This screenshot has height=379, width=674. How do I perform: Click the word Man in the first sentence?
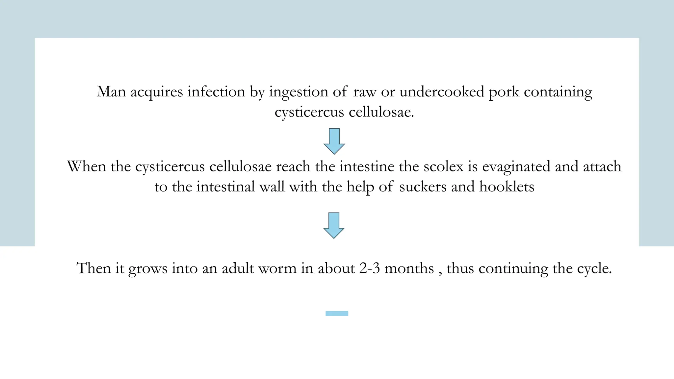tap(111, 92)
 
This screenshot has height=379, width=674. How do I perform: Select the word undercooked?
tap(442, 92)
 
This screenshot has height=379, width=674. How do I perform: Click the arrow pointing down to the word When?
tap(334, 141)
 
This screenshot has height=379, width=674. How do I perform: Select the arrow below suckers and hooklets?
tap(334, 225)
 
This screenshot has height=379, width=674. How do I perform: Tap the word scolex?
tap(443, 166)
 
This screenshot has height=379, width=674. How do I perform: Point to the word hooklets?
tap(506, 187)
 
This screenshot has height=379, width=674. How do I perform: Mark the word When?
tap(87, 166)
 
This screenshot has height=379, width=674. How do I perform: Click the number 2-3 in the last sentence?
tap(370, 268)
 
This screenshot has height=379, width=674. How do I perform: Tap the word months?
tap(409, 268)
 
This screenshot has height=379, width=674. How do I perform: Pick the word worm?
tap(277, 268)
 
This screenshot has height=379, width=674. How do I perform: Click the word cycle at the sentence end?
tap(594, 269)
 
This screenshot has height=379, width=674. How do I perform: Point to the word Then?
tap(94, 268)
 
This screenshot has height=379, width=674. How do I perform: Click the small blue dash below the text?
tap(337, 314)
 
